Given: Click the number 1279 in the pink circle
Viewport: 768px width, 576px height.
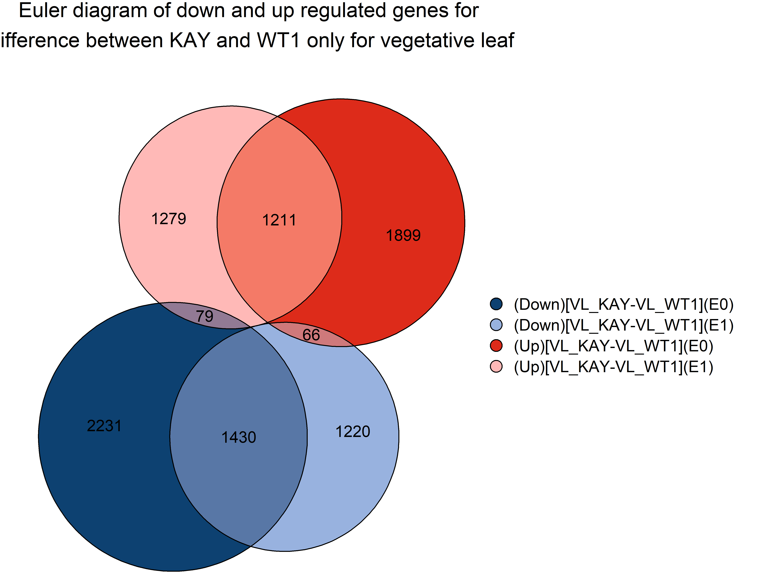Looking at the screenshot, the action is [x=169, y=219].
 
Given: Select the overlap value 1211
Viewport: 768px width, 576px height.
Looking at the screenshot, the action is [x=279, y=220].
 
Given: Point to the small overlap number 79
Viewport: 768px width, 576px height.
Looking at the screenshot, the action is [x=204, y=316].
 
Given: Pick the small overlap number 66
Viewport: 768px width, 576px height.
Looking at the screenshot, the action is [x=311, y=335].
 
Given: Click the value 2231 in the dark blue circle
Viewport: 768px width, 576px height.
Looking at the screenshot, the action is [x=104, y=426].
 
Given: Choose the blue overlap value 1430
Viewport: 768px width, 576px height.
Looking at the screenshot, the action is [x=239, y=437].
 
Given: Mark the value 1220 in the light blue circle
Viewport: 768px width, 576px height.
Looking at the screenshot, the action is [x=353, y=432].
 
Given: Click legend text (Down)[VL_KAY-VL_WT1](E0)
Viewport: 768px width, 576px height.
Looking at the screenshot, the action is [x=624, y=304].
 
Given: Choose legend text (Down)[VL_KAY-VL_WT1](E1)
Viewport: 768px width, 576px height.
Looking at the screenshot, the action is [x=624, y=325].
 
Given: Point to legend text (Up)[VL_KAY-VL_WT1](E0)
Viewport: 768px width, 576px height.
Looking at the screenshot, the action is [x=613, y=346].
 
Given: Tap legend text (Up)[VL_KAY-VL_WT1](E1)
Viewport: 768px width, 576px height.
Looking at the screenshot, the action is [x=613, y=367].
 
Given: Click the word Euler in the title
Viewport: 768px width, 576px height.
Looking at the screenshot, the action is [x=43, y=10].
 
